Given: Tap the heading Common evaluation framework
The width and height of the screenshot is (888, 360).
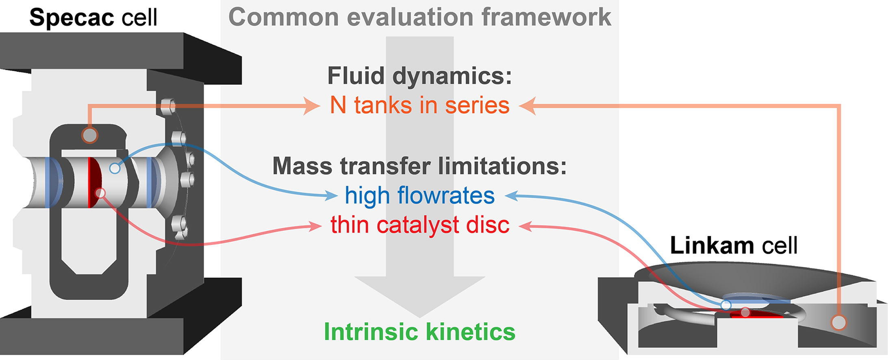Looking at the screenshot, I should click(419, 17).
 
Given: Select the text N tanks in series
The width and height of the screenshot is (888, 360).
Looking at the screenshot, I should click(419, 105).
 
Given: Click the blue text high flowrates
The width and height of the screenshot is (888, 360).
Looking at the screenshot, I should click(419, 195).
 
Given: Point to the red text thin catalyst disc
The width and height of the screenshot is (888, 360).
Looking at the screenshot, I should click(419, 225).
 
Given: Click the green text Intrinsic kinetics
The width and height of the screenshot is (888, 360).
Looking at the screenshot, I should click(419, 332).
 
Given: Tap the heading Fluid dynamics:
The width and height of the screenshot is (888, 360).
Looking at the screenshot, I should click(419, 76).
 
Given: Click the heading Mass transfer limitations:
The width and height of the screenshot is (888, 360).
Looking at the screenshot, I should click(419, 166).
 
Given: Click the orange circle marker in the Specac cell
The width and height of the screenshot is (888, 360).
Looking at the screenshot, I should click(89, 135).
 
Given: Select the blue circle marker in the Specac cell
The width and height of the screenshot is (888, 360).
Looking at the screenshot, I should click(115, 168).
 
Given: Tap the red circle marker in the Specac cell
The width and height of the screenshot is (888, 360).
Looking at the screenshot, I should click(100, 193).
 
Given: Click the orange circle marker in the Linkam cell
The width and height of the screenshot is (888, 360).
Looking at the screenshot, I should click(838, 323).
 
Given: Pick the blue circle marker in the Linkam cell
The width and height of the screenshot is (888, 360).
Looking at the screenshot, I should click(726, 304).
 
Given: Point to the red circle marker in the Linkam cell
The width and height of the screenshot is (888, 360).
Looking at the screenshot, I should click(745, 312).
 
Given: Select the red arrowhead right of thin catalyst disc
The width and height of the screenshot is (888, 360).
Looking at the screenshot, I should click(525, 226).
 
